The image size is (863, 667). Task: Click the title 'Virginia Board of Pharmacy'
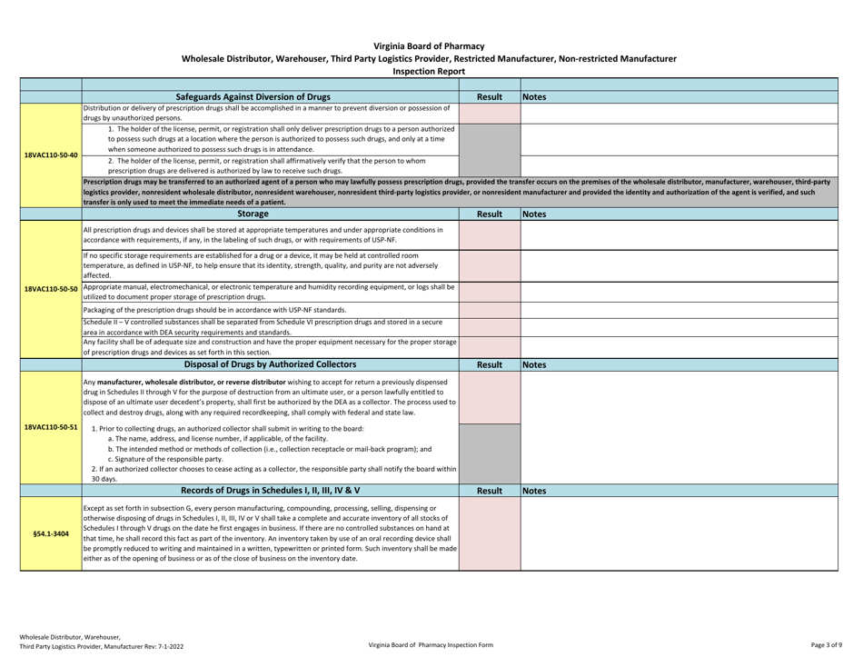[431, 45]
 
